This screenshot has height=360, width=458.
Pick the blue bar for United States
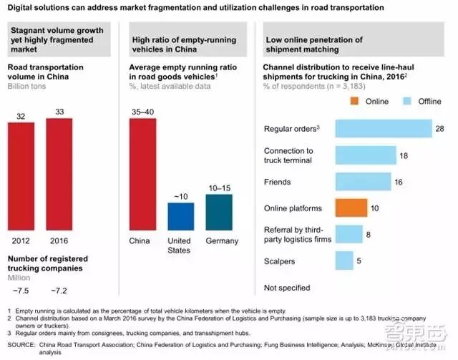180,215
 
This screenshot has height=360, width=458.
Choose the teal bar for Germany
219,211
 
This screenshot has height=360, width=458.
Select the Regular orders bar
382,129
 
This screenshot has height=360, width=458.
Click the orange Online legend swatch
356,101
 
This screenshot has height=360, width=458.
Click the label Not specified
287,288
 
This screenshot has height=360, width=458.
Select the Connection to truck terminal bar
366,155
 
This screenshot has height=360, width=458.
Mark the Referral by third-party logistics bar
349,235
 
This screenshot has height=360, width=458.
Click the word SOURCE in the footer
21,344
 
